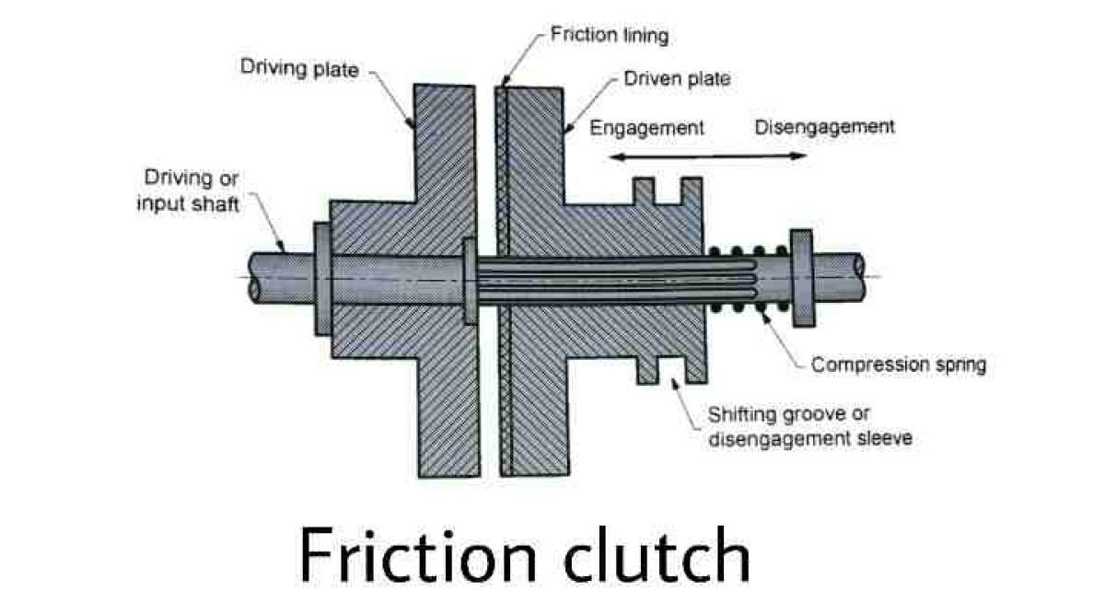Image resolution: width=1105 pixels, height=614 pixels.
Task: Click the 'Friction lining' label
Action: pos(609,36)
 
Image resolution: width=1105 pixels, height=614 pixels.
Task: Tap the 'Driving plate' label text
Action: pos(298,67)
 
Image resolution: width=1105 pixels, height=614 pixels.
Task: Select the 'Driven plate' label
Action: pos(677,79)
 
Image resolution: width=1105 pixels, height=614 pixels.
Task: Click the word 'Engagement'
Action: pos(646,127)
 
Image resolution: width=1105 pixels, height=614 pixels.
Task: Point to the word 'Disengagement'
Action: pos(824,126)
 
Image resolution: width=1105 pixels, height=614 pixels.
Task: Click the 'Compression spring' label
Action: pos(898,365)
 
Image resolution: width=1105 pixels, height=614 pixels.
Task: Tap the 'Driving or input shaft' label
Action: pos(188,191)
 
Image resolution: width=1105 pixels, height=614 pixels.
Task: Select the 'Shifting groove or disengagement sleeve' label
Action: pos(809,426)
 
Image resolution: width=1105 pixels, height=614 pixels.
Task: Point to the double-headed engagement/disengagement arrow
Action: pos(709,157)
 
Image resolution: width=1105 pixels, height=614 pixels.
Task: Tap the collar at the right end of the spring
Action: pos(801,277)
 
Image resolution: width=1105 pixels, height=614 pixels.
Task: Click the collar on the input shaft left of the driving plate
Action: pos(321,277)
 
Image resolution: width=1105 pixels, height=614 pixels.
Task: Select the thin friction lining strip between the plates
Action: pos(503,276)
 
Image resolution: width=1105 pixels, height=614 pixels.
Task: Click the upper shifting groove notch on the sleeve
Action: pos(666,193)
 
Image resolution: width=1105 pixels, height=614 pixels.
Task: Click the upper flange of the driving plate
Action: pos(446,138)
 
